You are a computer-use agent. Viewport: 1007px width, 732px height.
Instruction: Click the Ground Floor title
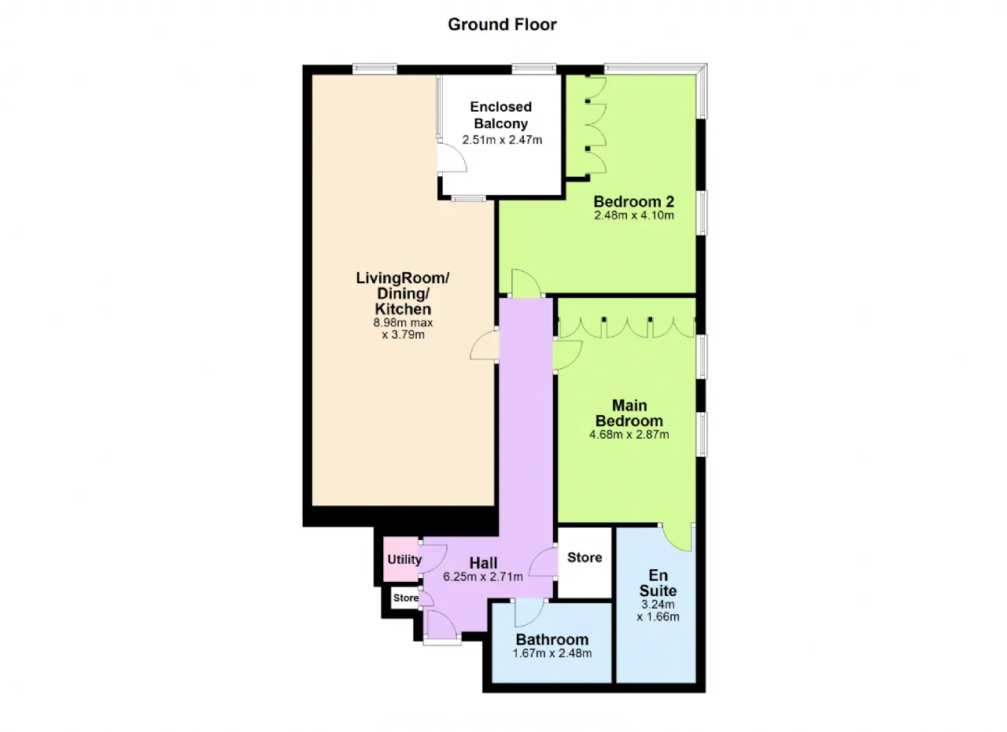tap(502, 24)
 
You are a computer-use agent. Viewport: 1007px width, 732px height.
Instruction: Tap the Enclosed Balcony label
tap(500, 115)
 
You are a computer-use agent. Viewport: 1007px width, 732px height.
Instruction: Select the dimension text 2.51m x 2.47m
tap(502, 140)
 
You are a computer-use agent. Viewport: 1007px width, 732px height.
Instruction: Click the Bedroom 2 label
tap(633, 200)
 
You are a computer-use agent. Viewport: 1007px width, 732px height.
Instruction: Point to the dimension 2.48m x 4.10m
tap(633, 215)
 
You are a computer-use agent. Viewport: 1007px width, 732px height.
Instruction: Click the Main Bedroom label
tap(629, 413)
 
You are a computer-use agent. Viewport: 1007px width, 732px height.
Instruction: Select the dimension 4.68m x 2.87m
tap(629, 434)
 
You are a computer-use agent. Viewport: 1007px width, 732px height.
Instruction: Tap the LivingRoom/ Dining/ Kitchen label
tap(403, 293)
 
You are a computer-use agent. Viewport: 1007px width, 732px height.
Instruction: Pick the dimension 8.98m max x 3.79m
tap(403, 329)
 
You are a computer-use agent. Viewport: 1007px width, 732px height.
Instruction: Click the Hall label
tap(483, 562)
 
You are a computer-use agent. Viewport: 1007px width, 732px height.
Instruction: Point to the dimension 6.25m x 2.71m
tap(483, 576)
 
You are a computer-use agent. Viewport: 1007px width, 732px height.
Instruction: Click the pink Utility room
tap(403, 560)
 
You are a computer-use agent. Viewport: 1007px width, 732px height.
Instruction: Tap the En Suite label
tap(658, 582)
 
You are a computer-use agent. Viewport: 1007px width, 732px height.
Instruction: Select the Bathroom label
tap(551, 639)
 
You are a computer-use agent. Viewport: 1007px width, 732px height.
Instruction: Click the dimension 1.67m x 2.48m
tap(551, 653)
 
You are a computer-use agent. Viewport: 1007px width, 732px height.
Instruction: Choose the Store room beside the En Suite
tap(585, 557)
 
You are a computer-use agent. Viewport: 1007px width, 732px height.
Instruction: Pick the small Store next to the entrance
tap(406, 598)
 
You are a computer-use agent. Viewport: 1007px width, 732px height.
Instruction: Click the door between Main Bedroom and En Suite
tap(677, 536)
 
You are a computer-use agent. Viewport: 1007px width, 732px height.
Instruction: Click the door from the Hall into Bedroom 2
tap(525, 284)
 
